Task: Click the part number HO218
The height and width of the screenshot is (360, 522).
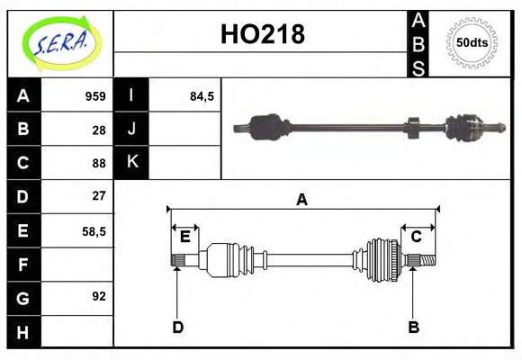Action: click(262, 34)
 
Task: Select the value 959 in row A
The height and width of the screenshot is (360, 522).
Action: click(95, 96)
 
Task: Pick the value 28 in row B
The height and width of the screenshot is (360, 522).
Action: click(99, 130)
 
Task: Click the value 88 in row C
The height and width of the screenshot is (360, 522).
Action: click(99, 163)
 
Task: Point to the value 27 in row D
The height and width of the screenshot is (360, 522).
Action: click(99, 195)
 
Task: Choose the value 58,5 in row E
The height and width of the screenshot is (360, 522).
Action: click(94, 230)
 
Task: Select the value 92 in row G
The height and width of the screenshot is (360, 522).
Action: click(99, 296)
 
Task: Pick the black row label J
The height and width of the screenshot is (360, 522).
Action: click(131, 130)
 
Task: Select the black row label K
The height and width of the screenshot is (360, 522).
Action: click(131, 163)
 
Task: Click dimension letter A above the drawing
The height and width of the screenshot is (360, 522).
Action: click(301, 201)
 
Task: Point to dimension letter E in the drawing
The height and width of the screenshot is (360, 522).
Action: click(184, 237)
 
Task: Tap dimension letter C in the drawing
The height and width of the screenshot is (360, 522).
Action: click(417, 237)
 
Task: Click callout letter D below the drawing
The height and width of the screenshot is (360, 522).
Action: click(177, 327)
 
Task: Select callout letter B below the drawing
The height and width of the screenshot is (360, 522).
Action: click(413, 327)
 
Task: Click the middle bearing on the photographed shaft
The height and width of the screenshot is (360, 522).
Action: click(414, 127)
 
